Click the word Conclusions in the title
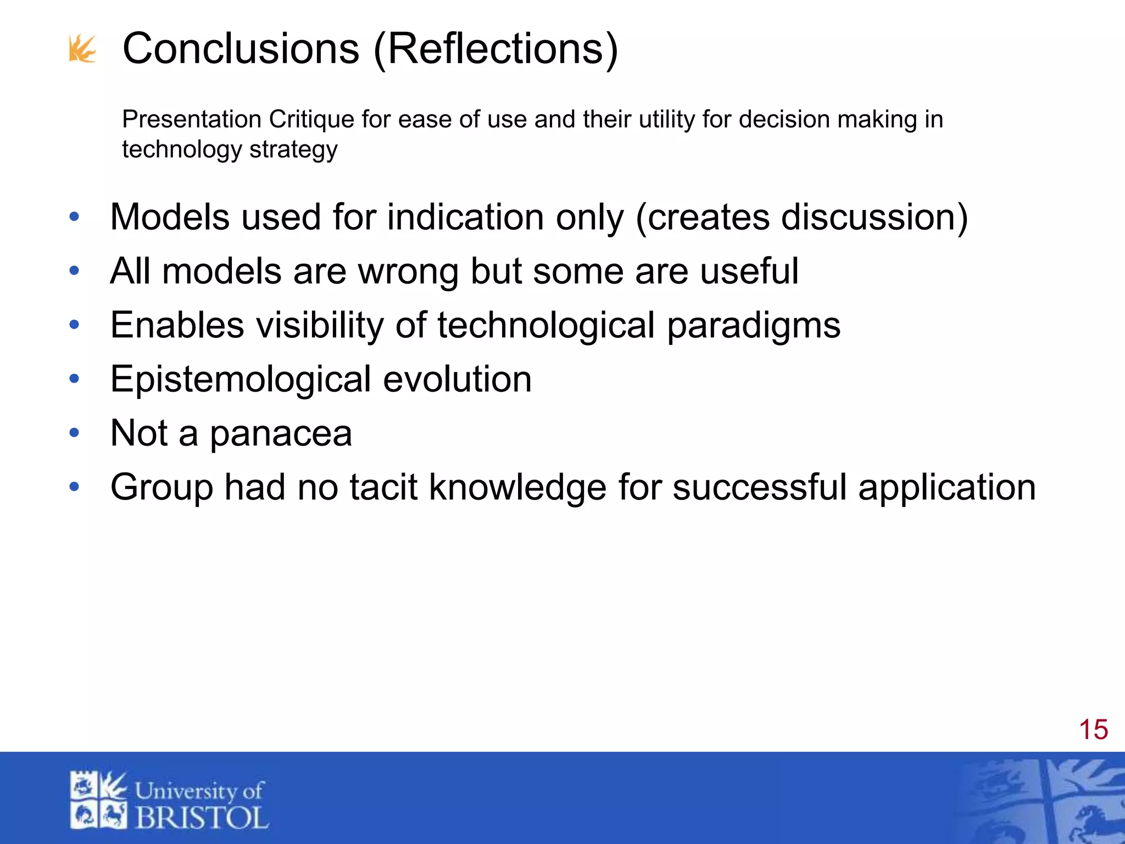click(241, 49)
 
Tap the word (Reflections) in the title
click(495, 49)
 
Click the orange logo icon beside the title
click(82, 49)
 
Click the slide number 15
click(1093, 730)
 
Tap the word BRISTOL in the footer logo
click(202, 818)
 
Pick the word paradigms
click(754, 325)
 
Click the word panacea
click(281, 434)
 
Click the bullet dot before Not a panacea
click(74, 433)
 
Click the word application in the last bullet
click(946, 487)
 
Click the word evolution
click(457, 379)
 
